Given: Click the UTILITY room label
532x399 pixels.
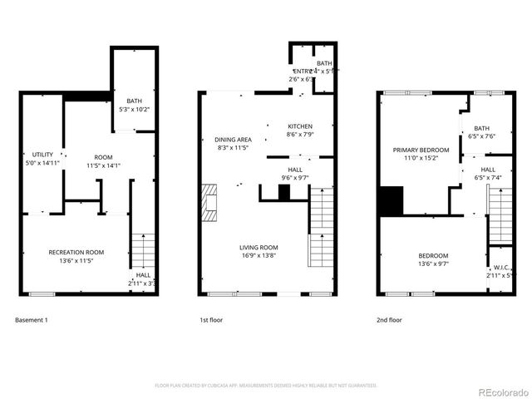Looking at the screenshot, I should coord(42,155).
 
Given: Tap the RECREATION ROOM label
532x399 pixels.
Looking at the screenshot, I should coord(76,252).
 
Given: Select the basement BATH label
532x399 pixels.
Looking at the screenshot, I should coord(134,101).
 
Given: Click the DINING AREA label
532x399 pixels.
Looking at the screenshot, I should coord(233,140).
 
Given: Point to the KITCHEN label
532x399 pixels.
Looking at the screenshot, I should coord(299,126).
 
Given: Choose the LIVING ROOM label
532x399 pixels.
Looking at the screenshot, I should coord(259,248).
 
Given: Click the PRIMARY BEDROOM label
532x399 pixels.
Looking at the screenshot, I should coord(421,150).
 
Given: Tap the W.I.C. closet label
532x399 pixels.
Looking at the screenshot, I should coord(500,267).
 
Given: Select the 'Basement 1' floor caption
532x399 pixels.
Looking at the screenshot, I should coord(32,320).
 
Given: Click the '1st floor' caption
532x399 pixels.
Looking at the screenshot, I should coord(211,320).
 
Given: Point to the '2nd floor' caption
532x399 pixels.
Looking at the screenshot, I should coord(389,320).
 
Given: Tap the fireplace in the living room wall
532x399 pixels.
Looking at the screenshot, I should coord(209,203).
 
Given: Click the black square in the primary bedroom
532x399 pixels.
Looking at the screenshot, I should coord(390,201).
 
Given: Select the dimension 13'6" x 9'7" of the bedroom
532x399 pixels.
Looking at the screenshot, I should coord(433,264).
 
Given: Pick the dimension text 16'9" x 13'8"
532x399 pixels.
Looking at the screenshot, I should coord(259,256).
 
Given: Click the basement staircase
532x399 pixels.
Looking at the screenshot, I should coord(143,250).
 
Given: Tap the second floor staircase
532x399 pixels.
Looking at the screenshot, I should coord(500,215).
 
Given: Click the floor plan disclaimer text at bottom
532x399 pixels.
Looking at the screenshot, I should coord(266,386).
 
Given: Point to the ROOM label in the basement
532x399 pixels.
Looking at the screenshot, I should coord(103,157).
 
